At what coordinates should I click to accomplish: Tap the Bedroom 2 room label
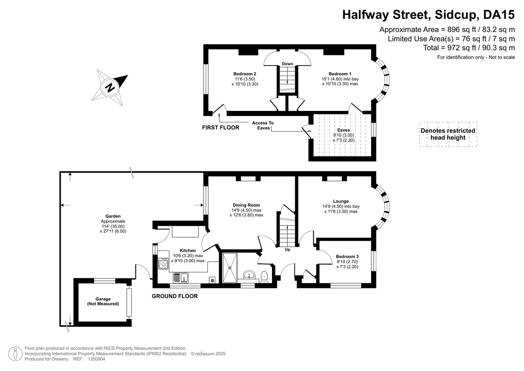coord(245,74)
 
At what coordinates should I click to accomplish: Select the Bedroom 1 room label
coord(340,74)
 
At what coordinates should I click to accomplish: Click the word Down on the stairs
coord(287,64)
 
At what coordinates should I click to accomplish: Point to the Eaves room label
coord(343,130)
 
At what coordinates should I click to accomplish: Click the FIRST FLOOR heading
coord(221,128)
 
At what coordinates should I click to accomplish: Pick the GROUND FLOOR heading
coord(175,296)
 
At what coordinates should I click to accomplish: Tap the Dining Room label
coord(246,205)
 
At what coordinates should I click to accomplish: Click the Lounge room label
coord(340,201)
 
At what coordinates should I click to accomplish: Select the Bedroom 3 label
coord(347,257)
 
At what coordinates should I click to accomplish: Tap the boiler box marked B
coord(213,281)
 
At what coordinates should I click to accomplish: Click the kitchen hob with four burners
coord(163,264)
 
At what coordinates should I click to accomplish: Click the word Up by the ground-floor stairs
coord(287,250)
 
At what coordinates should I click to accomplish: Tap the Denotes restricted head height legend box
coord(448,134)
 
